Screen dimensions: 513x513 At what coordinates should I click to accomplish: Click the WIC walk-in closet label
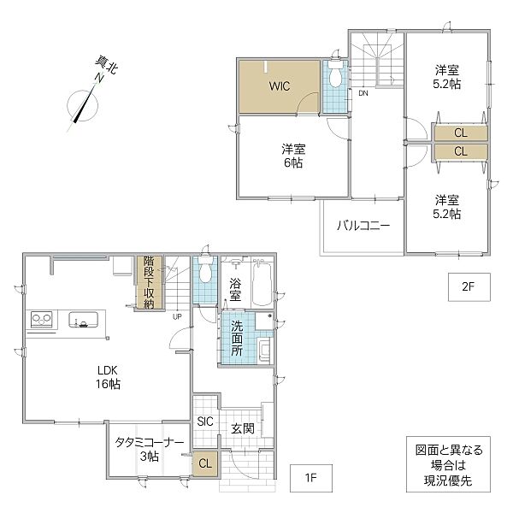(x=280, y=86)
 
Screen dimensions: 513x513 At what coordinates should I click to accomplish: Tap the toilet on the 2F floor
(x=334, y=74)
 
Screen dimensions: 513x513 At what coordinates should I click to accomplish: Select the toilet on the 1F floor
(x=205, y=269)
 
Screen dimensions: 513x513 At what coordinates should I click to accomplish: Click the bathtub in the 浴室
(x=262, y=284)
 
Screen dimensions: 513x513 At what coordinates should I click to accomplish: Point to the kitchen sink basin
(x=83, y=320)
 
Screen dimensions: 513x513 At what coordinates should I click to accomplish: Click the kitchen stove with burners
(x=42, y=319)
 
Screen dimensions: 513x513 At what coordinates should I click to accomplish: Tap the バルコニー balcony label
(x=363, y=226)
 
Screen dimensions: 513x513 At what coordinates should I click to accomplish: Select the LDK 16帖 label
(x=108, y=377)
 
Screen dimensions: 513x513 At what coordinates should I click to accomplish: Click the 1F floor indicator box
(x=311, y=478)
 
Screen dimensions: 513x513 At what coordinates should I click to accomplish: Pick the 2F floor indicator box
(x=469, y=287)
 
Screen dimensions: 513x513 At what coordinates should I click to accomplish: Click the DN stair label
(x=363, y=93)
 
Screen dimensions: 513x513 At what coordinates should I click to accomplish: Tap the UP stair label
(x=177, y=316)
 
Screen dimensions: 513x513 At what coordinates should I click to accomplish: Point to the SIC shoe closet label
(x=205, y=422)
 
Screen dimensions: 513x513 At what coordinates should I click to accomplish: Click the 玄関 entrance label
(x=243, y=428)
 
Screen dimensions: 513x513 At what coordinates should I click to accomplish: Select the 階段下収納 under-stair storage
(x=149, y=282)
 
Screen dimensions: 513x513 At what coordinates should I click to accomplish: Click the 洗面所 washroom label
(x=237, y=338)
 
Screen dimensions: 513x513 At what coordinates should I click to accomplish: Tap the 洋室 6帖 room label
(x=293, y=156)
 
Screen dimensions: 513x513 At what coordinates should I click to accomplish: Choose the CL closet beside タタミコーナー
(x=205, y=463)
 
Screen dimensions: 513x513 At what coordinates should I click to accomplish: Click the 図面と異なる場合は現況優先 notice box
(x=448, y=464)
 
